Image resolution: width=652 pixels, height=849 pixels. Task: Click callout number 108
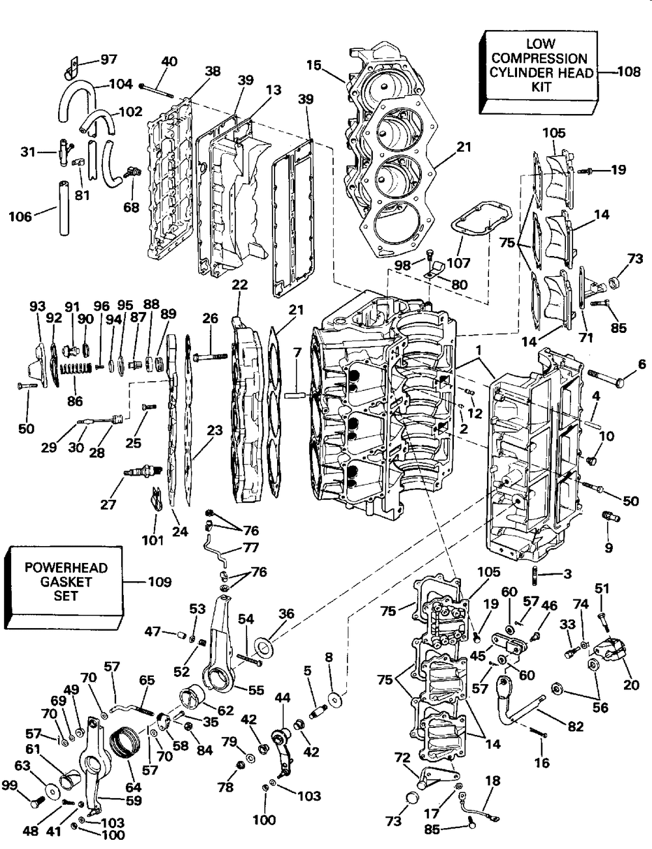tap(629, 72)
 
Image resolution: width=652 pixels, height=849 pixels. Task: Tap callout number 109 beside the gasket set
tap(160, 582)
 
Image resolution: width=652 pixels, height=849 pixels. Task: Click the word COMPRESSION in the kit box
tap(539, 59)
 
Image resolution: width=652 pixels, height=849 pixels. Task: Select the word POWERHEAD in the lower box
tap(66, 568)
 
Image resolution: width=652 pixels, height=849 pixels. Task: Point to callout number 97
tap(109, 59)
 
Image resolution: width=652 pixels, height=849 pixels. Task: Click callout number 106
tap(20, 216)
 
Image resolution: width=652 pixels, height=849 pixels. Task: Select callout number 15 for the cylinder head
tap(314, 65)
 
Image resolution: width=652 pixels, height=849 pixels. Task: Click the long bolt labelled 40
tap(156, 91)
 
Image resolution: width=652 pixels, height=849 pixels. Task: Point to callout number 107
tap(458, 263)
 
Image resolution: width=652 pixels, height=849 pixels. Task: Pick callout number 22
tap(240, 285)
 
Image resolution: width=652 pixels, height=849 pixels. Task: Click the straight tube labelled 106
tap(64, 208)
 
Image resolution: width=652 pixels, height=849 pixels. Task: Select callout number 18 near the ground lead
tap(493, 781)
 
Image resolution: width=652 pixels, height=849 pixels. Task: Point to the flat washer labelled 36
tap(265, 644)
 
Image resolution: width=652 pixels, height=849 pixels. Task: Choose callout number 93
tap(38, 306)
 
